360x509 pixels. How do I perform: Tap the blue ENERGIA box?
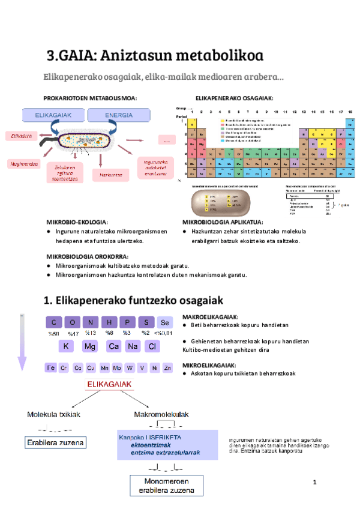[x=119, y=115]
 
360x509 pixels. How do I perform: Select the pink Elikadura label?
[x=22, y=136]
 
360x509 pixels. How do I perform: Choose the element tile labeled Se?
[x=166, y=322]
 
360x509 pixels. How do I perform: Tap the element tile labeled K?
[x=67, y=346]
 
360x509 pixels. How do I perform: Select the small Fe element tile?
[x=51, y=367]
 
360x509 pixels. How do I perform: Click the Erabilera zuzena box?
[x=55, y=444]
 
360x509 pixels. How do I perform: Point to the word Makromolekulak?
[x=162, y=414]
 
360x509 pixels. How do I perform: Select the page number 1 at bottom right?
[x=314, y=483]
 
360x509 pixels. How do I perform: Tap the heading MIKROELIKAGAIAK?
[x=210, y=364]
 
